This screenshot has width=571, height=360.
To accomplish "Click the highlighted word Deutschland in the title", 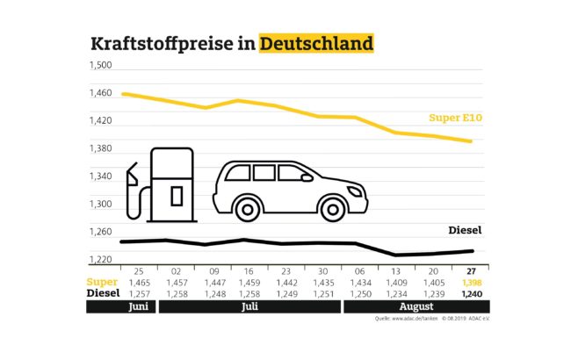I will [316, 44].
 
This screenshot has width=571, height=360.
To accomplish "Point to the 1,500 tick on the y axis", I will [101, 65].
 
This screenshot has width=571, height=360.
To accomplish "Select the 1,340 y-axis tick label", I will [101, 176].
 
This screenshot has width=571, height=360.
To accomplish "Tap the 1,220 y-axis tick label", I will [101, 260].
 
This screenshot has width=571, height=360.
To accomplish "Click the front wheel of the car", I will [333, 208].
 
